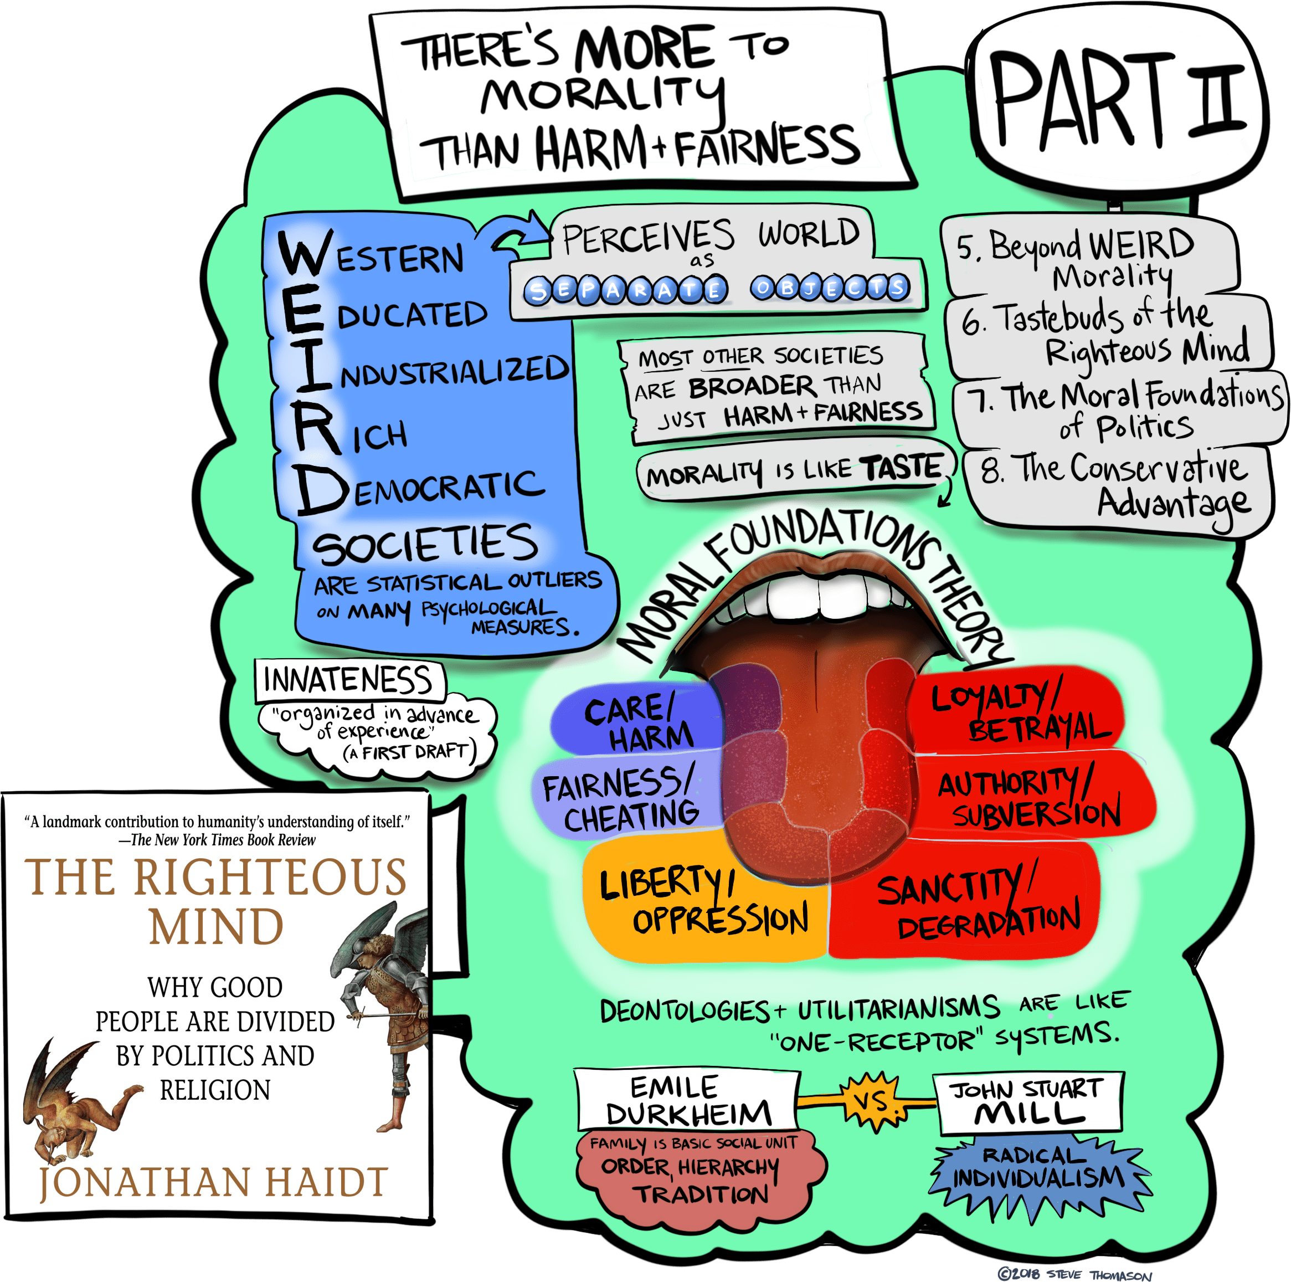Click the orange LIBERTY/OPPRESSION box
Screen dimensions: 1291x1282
click(x=704, y=900)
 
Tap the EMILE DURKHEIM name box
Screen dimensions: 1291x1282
click(x=688, y=1100)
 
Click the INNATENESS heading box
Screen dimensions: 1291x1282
click(x=349, y=680)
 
